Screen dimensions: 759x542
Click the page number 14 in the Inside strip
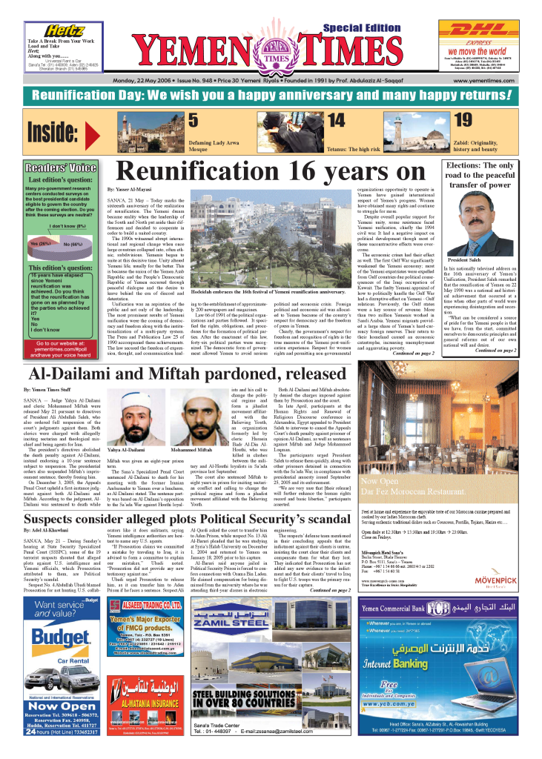336,121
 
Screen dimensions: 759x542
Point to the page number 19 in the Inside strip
462,121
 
